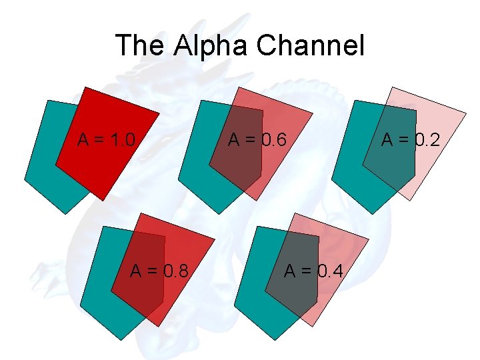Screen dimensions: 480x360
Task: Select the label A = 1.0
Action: [107, 140]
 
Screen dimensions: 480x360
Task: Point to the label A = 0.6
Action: [257, 140]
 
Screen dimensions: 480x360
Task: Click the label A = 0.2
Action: [411, 140]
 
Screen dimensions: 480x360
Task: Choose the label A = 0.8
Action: [158, 271]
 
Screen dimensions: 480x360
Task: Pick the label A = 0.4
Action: [314, 271]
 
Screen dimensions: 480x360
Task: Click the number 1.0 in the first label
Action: [123, 140]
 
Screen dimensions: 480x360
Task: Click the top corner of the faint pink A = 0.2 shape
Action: [393, 87]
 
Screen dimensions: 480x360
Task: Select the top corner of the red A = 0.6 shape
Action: [239, 87]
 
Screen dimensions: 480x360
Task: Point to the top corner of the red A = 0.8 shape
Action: [141, 215]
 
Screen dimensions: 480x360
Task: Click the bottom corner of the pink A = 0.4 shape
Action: [312, 327]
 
